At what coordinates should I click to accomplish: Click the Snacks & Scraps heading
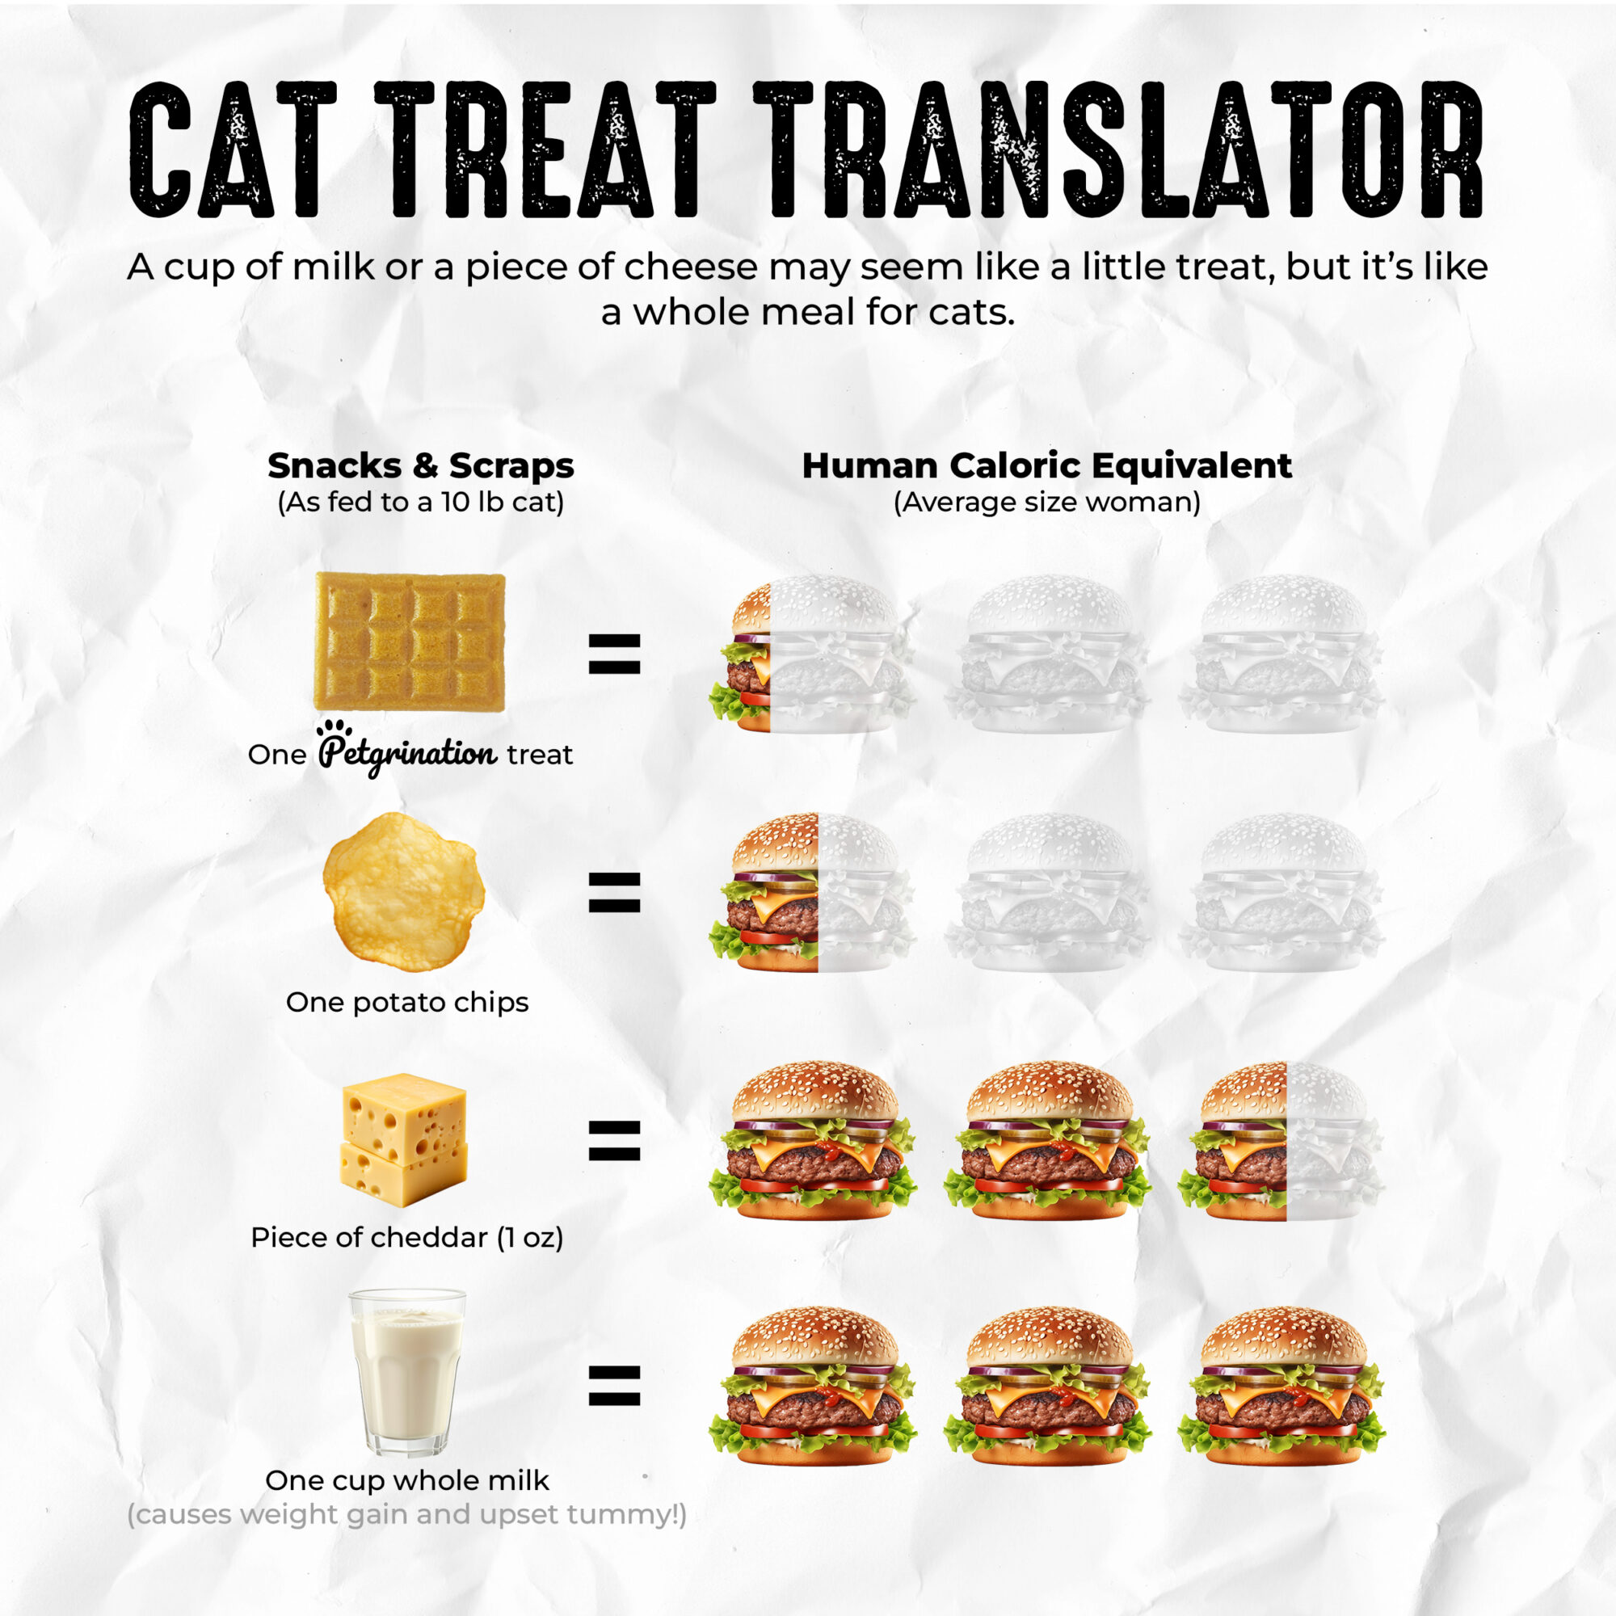(x=421, y=465)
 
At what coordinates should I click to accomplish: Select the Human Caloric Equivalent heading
(x=1046, y=465)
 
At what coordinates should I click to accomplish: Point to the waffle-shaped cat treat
(x=410, y=642)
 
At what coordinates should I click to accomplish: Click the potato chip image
(x=404, y=892)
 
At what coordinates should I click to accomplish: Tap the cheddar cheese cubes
(x=404, y=1139)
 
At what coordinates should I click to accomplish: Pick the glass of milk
(x=407, y=1373)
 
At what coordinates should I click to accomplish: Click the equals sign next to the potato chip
(x=615, y=892)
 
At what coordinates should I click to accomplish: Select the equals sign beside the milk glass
(x=615, y=1386)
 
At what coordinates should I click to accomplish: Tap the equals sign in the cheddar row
(x=615, y=1141)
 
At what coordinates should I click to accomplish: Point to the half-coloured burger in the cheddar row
(x=1281, y=1141)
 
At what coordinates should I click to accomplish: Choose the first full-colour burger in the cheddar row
(x=813, y=1141)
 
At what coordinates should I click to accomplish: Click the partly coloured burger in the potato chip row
(x=813, y=892)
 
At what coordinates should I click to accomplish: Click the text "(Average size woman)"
(x=1046, y=502)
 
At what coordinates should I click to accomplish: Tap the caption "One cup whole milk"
(x=407, y=1480)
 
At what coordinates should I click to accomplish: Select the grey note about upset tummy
(x=407, y=1515)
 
